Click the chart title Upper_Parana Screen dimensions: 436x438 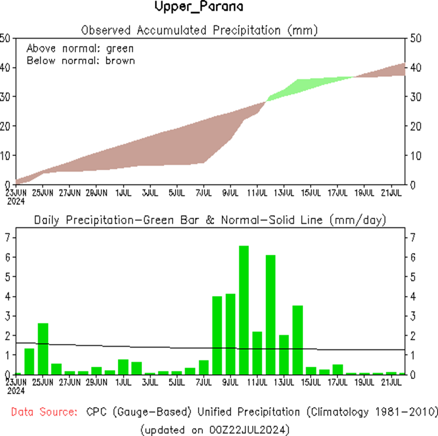tap(199, 8)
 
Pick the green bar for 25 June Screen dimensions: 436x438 tap(43, 348)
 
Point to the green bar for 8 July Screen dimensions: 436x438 tap(217, 335)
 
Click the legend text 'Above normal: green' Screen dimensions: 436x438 tap(80, 48)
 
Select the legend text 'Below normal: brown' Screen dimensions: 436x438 tap(81, 61)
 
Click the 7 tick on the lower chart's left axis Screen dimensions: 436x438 tap(7, 237)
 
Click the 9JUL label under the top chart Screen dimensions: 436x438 tap(229, 193)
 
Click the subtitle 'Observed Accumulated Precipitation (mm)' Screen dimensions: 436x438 tap(199, 31)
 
